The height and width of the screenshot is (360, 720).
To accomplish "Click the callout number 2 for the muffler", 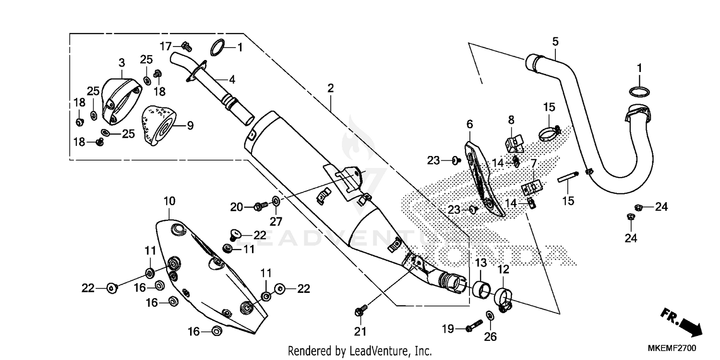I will (330, 88).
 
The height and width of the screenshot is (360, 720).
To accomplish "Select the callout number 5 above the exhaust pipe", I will (555, 42).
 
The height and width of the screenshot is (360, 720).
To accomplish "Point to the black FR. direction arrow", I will (681, 322).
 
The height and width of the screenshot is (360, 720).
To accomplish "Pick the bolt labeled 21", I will (360, 311).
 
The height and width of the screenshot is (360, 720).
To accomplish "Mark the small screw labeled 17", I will (187, 46).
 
